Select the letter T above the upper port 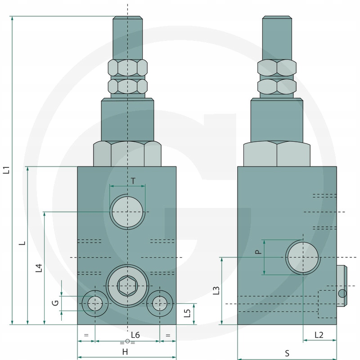[x=133, y=181]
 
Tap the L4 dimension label [x=39, y=268]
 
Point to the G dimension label [x=55, y=303]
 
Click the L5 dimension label [x=187, y=313]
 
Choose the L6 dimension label [x=135, y=335]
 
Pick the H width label [x=125, y=352]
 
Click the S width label [x=287, y=353]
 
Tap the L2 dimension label [x=319, y=335]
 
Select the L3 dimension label [x=216, y=291]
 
